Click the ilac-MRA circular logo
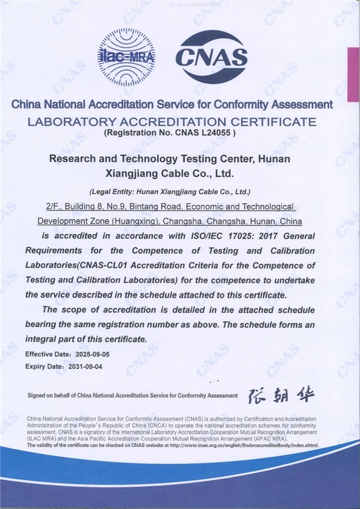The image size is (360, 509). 126,56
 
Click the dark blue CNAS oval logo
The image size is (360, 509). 211,56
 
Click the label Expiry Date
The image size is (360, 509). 42,366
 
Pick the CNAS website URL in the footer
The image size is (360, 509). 244,445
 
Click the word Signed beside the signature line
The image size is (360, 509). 37,396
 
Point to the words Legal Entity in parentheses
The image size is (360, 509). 114,192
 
